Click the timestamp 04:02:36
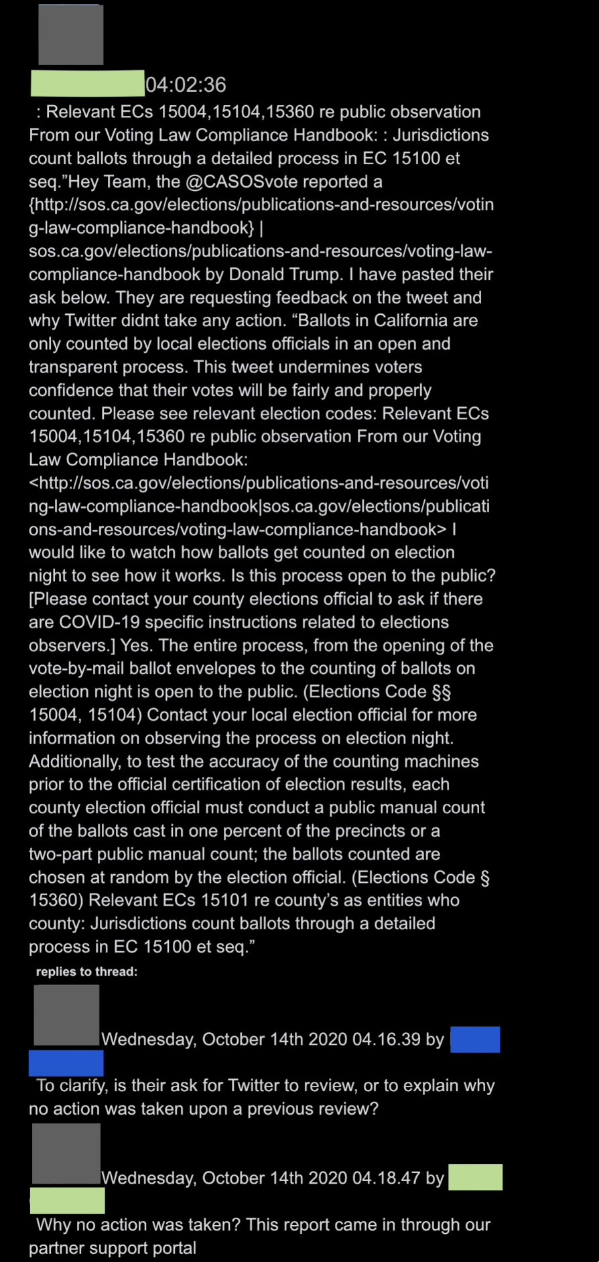tap(186, 84)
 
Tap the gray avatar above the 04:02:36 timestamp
tap(70, 35)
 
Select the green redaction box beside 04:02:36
tap(87, 83)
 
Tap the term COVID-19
tap(99, 622)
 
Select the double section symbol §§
tap(441, 691)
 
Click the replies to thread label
tap(86, 972)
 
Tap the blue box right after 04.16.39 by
tap(474, 1040)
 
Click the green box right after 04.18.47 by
tap(474, 1178)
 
